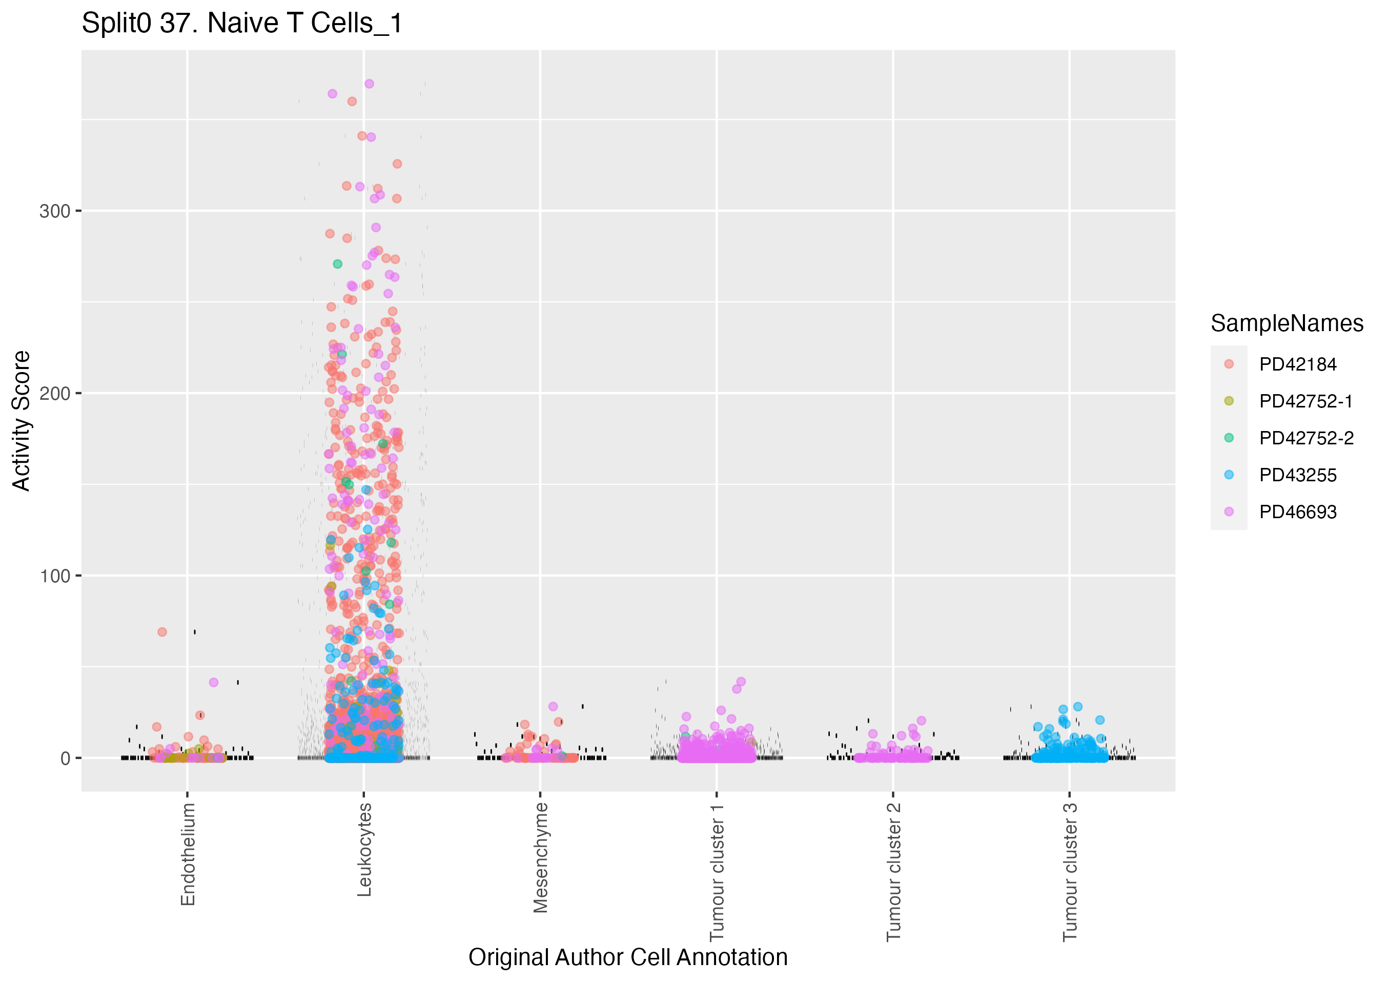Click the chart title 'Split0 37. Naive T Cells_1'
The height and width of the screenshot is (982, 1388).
(242, 24)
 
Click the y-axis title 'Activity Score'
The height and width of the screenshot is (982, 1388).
(22, 420)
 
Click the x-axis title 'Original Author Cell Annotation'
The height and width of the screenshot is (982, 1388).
(627, 957)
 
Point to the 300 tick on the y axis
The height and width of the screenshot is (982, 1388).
(55, 211)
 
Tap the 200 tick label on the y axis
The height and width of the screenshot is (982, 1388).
(55, 394)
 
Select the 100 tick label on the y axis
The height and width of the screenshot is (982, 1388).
(55, 576)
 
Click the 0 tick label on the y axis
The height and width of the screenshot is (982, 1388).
(65, 758)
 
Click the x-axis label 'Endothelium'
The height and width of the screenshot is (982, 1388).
(188, 854)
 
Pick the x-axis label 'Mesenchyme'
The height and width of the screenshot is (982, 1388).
(540, 857)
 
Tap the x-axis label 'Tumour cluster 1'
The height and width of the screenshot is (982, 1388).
(717, 871)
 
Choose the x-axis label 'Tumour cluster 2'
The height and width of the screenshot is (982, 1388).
(893, 871)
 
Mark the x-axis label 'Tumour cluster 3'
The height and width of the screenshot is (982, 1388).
(1070, 871)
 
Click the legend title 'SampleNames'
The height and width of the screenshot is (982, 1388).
(1287, 323)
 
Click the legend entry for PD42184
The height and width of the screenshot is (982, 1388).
(1297, 364)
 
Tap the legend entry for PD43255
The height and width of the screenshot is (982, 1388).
(1297, 475)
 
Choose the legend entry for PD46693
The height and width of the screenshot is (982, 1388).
(1297, 512)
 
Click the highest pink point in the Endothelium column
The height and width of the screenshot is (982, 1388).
(213, 682)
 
